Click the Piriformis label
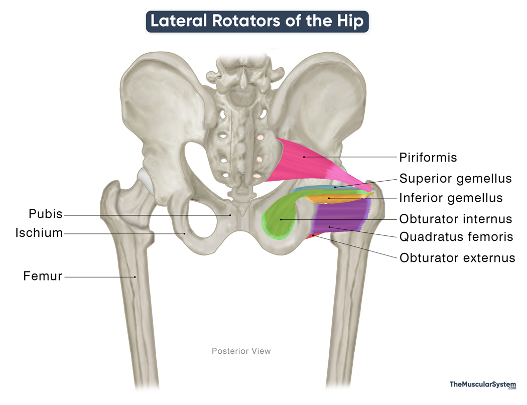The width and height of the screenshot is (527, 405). [428, 157]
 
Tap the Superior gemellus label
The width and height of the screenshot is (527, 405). [455, 179]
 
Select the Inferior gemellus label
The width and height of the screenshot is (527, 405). [451, 198]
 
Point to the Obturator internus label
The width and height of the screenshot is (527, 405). [455, 219]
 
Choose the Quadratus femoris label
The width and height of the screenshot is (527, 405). [456, 237]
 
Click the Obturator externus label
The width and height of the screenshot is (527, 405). [457, 258]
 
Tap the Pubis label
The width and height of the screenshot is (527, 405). [46, 214]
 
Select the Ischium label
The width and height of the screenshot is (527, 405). [39, 232]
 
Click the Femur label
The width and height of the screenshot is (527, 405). [43, 276]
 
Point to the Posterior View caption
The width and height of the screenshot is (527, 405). [241, 351]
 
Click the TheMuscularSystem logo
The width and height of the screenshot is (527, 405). [483, 385]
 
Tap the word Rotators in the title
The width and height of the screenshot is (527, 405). [246, 21]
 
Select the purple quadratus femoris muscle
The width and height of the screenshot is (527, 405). [341, 215]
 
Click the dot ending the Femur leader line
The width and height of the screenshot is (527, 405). [135, 277]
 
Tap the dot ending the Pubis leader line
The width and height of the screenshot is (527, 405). [230, 215]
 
